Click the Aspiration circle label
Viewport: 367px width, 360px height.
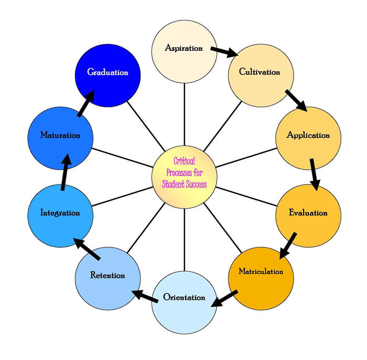tap(183, 48)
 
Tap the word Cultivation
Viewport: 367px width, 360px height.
tap(260, 72)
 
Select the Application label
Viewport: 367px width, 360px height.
tap(308, 135)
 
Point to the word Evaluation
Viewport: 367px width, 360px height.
tap(308, 213)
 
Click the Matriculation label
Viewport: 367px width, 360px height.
tap(261, 271)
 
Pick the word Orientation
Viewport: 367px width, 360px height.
tap(184, 297)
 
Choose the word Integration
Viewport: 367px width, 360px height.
tap(60, 213)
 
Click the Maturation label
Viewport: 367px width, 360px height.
tap(60, 135)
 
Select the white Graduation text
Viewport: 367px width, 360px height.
tap(107, 72)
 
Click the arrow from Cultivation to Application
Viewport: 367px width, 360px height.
tap(296, 101)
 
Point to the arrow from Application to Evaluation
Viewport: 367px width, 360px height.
tap(315, 174)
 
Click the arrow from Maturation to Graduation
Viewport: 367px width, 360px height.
tap(86, 103)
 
